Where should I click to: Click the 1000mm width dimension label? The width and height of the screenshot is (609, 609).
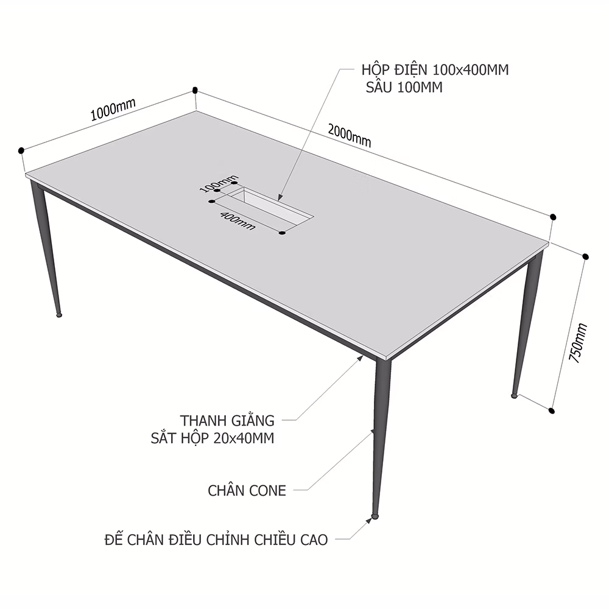click(x=113, y=109)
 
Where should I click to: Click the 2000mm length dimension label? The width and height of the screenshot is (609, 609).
click(x=350, y=136)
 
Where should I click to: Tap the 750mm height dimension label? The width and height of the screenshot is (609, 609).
click(x=579, y=343)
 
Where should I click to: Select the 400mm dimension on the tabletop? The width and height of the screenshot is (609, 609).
click(x=238, y=220)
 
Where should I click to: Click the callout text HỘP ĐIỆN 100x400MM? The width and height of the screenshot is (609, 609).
click(x=435, y=69)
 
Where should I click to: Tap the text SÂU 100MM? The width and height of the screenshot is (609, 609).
click(x=404, y=87)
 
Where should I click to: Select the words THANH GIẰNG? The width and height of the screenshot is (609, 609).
click(x=227, y=420)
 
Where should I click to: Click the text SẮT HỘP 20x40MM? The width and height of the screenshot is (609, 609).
click(x=213, y=438)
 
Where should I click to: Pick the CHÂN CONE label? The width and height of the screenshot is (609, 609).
click(x=247, y=490)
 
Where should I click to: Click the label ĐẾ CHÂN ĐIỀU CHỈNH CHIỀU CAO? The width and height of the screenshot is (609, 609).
click(x=216, y=540)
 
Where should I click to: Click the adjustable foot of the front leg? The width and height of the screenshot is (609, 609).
click(x=375, y=516)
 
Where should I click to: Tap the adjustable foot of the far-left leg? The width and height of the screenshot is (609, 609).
click(x=59, y=315)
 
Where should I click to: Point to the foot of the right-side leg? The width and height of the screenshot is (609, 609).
click(x=514, y=395)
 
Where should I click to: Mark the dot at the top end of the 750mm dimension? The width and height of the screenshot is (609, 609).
click(x=585, y=256)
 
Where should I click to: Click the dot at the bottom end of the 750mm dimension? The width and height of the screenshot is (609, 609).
click(x=552, y=410)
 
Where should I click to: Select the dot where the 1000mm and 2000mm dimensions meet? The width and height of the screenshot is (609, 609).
click(x=195, y=91)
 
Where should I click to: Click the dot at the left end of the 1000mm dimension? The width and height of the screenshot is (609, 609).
click(x=21, y=150)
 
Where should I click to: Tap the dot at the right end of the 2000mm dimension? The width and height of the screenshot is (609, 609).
click(x=553, y=217)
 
